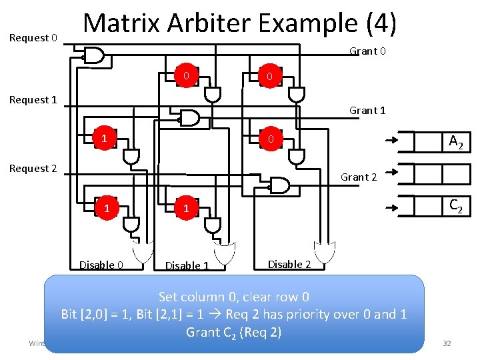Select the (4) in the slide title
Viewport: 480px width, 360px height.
[x=381, y=24]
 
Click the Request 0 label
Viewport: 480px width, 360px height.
[x=33, y=38]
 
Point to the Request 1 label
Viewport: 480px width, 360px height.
[x=33, y=100]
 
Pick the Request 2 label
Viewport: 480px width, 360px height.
[x=33, y=169]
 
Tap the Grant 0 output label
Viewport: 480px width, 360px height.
[x=368, y=51]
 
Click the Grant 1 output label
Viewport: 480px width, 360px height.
[x=367, y=111]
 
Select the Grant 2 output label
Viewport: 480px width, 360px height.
[x=359, y=177]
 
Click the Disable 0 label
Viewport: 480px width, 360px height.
[x=101, y=265]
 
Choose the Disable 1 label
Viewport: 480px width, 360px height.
[x=187, y=266]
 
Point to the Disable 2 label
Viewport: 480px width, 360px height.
[x=289, y=264]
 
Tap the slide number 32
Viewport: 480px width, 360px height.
[x=447, y=343]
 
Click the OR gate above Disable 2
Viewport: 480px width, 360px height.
[x=325, y=253]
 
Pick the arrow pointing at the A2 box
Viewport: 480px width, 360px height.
[x=392, y=141]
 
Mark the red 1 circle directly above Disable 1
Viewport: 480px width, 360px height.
[x=187, y=209]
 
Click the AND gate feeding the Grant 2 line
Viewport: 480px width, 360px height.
[x=279, y=185]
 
